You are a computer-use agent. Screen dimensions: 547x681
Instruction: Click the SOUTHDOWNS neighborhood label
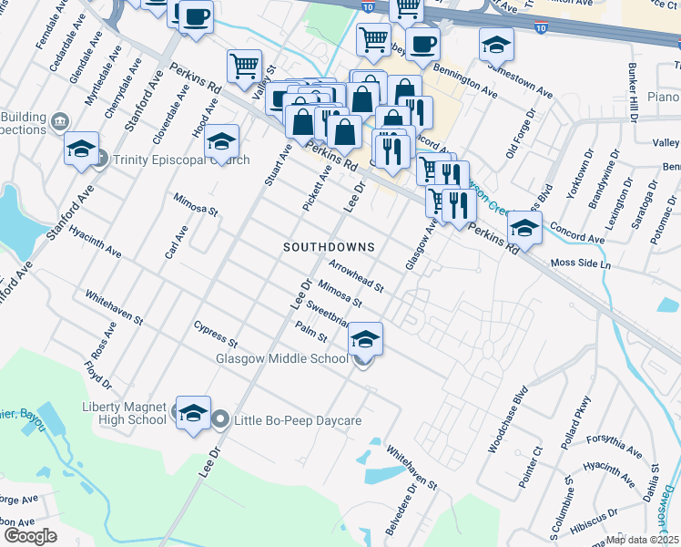coord(329,247)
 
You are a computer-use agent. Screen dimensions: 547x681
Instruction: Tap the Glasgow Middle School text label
coord(282,358)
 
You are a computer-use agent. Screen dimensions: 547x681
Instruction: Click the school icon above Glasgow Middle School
coord(365,339)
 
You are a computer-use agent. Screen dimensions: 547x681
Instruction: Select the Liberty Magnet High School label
coord(124,413)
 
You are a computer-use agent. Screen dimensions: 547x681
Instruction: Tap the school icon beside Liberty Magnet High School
coord(192,414)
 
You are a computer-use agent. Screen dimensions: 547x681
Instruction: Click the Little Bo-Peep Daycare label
coord(298,420)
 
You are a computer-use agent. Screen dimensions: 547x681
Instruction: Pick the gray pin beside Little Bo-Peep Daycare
coord(220,420)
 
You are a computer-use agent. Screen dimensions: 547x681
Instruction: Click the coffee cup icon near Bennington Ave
coord(422,44)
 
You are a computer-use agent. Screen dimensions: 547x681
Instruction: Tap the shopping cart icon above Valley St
coord(244,66)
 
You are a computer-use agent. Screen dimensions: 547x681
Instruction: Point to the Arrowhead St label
coord(356,274)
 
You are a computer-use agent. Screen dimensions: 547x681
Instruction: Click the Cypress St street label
coord(215,335)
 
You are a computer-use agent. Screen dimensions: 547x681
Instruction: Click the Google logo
coord(30,536)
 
